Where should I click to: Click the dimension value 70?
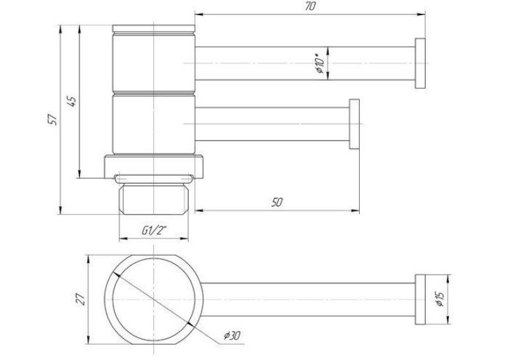310,6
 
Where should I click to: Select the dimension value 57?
53,120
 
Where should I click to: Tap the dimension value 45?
72,101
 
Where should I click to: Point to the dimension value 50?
277,202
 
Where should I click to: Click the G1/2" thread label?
154,230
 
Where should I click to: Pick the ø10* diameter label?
320,65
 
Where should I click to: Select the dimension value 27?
81,299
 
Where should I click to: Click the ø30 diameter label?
232,336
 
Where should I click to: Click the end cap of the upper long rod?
421,63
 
